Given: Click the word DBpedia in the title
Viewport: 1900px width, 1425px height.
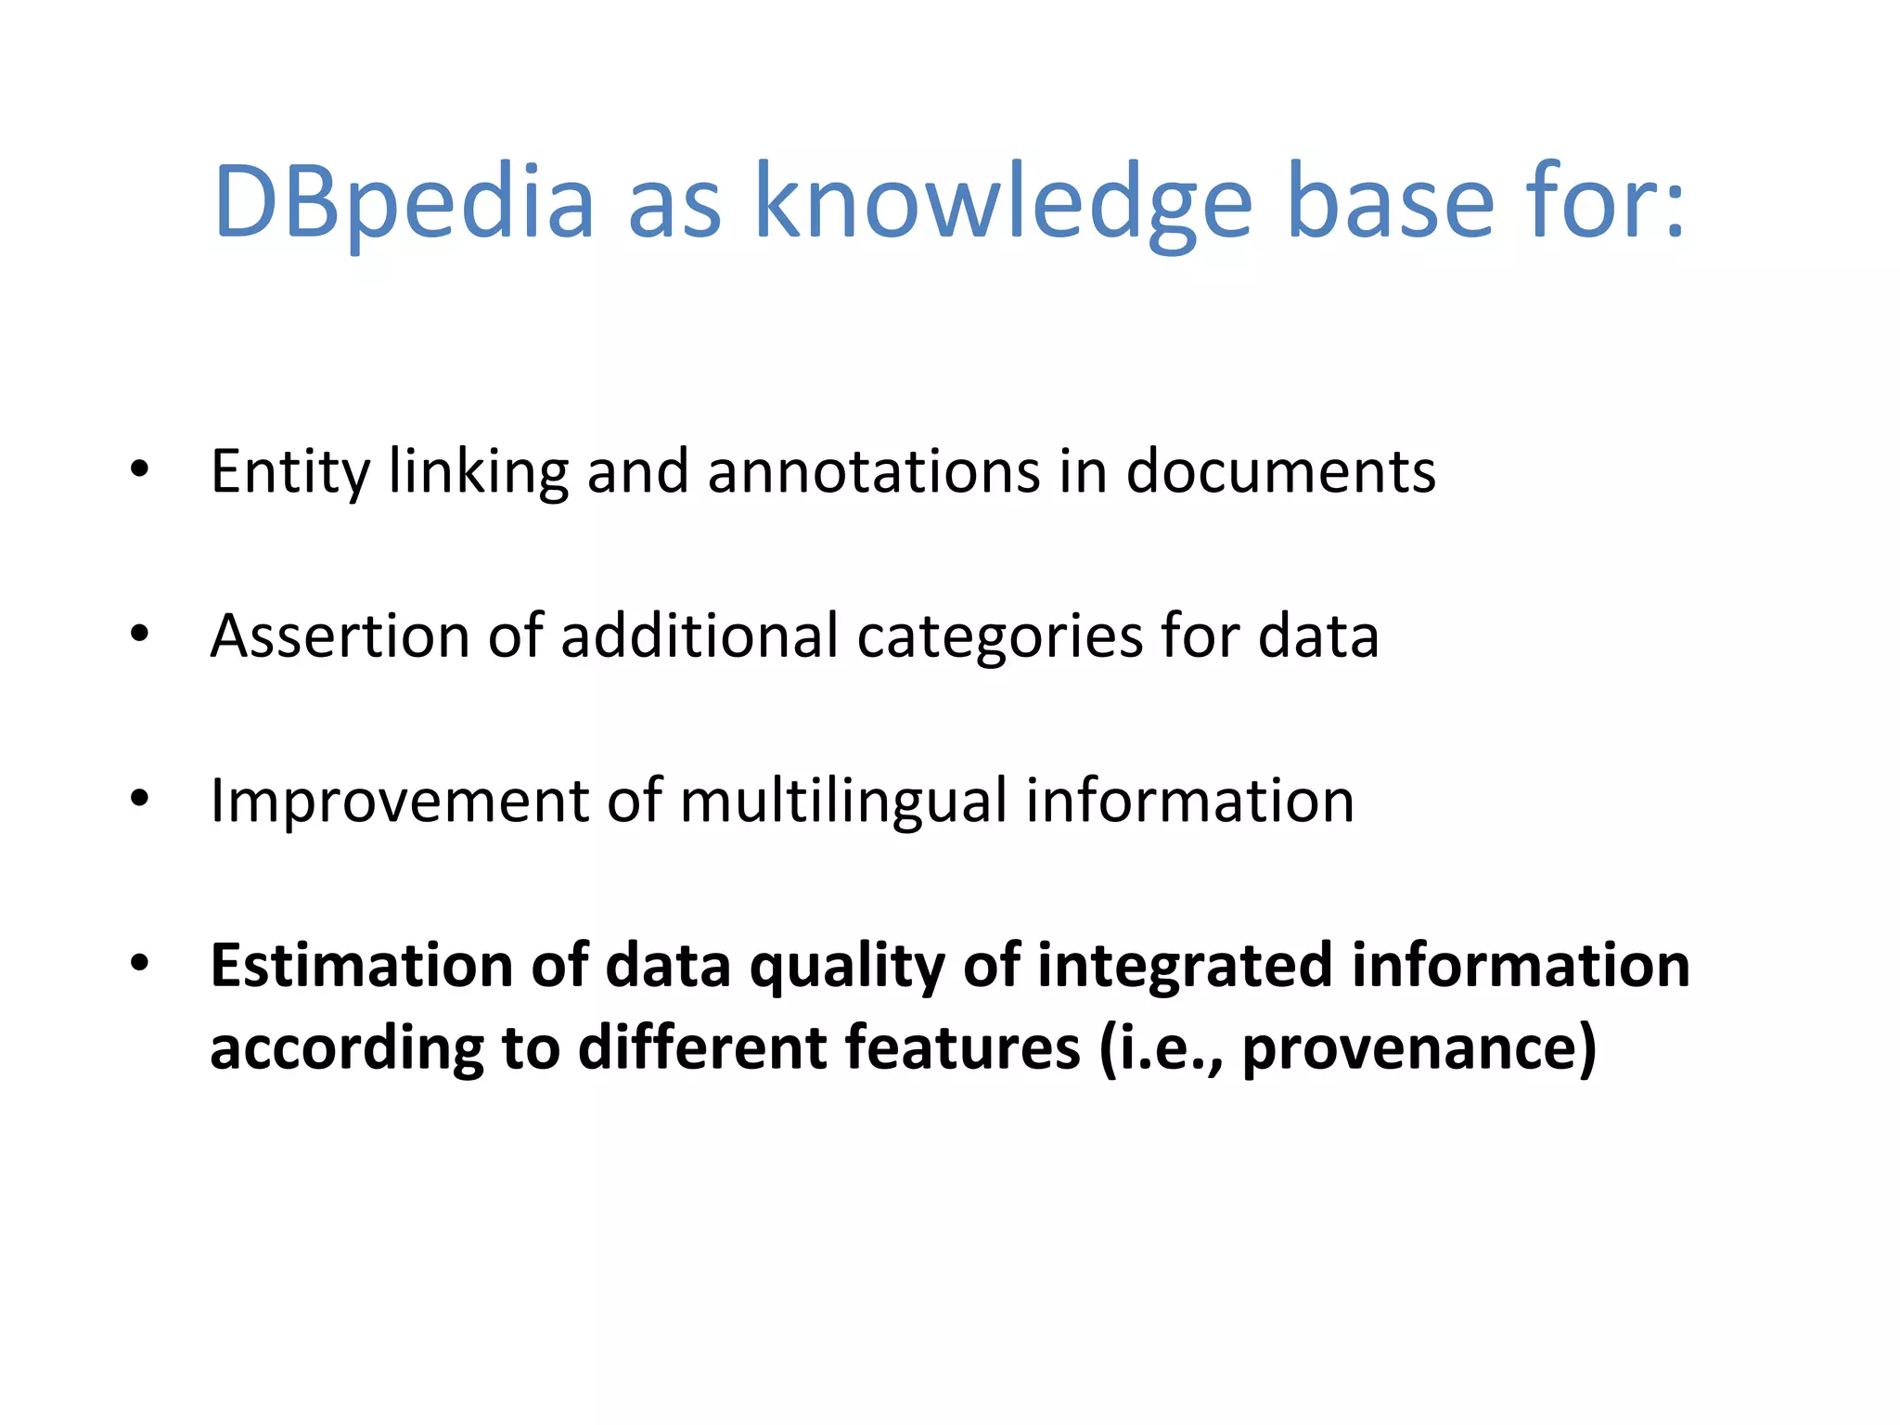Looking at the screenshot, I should pyautogui.click(x=404, y=202).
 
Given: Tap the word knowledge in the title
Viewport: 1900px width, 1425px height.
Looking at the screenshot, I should pyautogui.click(x=1004, y=202).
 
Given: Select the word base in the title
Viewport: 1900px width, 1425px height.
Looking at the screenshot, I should pyautogui.click(x=1391, y=202).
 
